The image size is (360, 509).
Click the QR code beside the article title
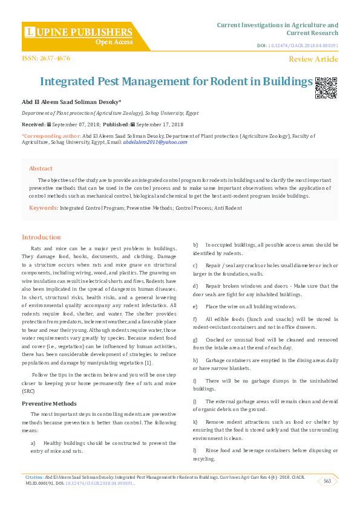[326, 88]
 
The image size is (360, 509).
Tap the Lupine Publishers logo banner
[79, 36]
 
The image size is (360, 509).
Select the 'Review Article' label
[313, 59]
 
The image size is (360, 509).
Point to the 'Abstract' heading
[41, 169]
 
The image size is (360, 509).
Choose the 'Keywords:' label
[44, 208]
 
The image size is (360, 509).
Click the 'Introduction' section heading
[41, 238]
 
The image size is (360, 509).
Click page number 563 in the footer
[327, 481]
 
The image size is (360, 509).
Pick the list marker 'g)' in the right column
[195, 339]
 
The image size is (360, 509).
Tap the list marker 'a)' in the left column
[33, 443]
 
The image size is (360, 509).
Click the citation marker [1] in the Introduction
[149, 363]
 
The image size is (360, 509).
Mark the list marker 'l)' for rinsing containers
[195, 450]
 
